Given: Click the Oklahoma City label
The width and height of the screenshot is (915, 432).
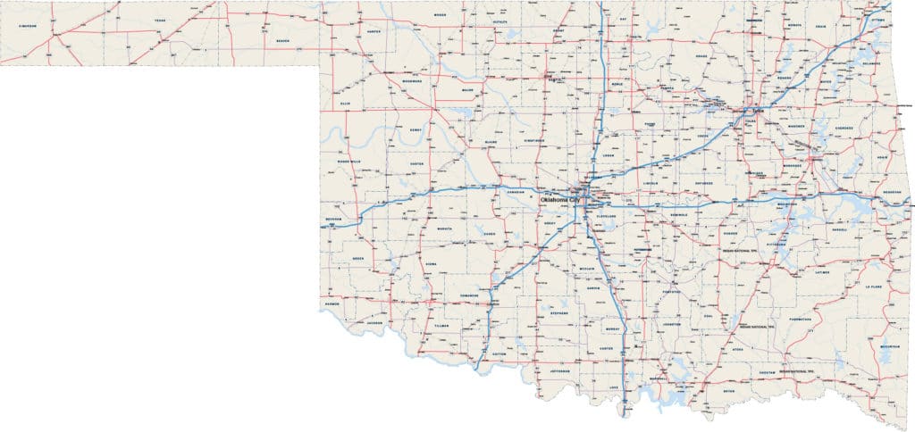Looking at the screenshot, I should tap(559, 200).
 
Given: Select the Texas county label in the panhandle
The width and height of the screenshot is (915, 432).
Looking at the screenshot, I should tap(160, 20).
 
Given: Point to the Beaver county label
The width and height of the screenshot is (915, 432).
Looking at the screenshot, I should tap(282, 41).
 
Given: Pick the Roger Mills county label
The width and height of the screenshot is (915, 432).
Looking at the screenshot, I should tap(348, 162).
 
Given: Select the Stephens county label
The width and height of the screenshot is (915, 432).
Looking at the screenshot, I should tap(559, 313).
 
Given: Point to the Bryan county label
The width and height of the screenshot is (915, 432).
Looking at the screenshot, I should tap(731, 390).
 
